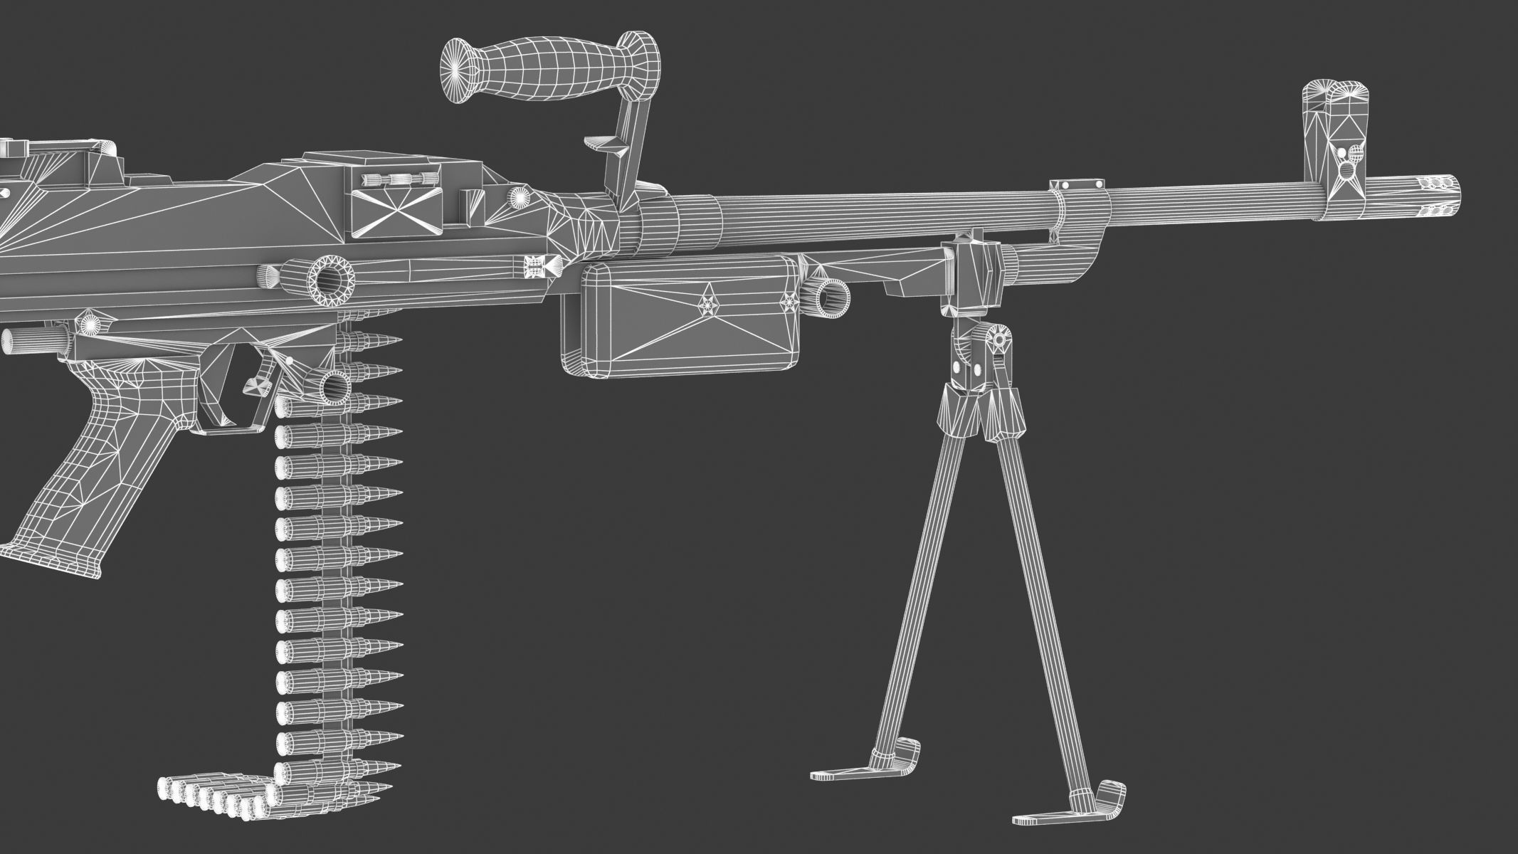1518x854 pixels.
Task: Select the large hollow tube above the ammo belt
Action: tap(329, 280)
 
